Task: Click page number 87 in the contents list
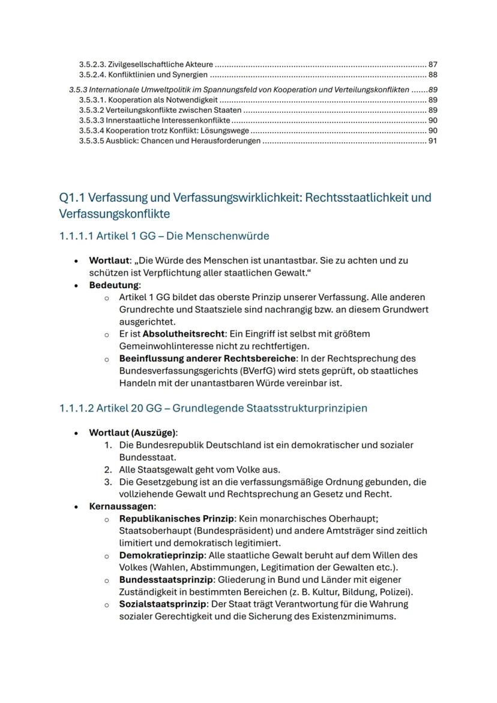(432, 64)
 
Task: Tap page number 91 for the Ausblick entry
(432, 141)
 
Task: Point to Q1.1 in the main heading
(73, 198)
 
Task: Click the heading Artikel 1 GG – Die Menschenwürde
(164, 236)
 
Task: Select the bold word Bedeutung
(113, 285)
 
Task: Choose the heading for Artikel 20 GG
(213, 408)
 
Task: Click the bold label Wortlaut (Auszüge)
(133, 432)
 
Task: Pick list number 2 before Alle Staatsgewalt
(108, 469)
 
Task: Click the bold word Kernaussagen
(122, 506)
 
